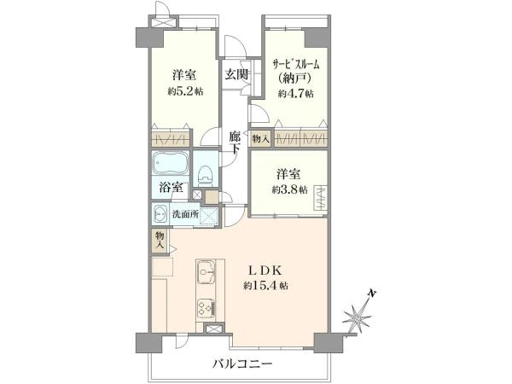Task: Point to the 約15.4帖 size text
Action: click(x=265, y=284)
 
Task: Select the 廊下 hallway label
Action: click(x=236, y=141)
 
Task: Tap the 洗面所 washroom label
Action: click(x=185, y=215)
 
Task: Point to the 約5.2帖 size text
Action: click(x=184, y=91)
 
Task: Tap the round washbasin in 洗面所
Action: click(x=161, y=214)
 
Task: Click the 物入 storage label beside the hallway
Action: click(x=260, y=137)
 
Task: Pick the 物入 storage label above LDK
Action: click(x=160, y=240)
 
